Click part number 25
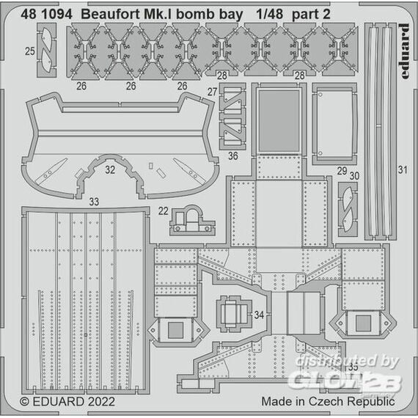click(30, 51)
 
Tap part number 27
click(213, 92)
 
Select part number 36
click(233, 156)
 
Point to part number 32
click(110, 169)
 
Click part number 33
click(94, 202)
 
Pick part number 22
click(163, 211)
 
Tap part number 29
click(342, 171)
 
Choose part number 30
click(354, 176)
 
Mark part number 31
click(403, 169)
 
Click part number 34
click(259, 315)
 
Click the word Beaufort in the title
click(111, 15)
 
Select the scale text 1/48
click(269, 15)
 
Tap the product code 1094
click(56, 15)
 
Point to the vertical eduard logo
click(404, 51)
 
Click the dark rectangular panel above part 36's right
click(279, 121)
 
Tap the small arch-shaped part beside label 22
click(192, 220)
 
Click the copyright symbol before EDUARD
click(24, 402)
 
